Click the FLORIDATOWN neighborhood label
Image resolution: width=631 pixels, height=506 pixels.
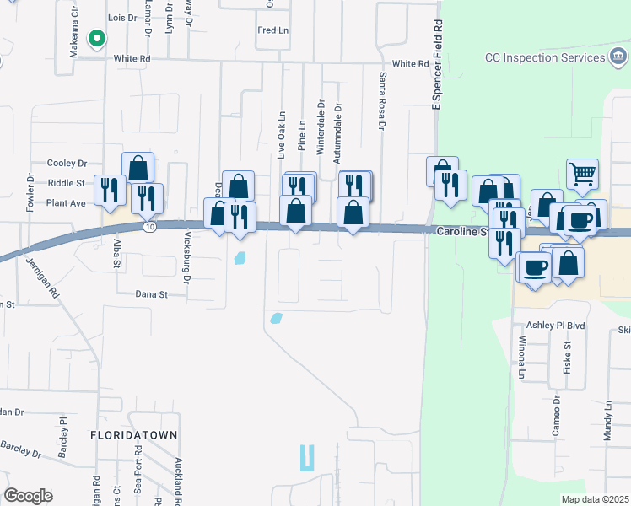(x=134, y=435)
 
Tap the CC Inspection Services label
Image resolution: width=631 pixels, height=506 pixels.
(x=545, y=58)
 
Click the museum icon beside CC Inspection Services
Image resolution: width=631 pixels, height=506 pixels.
(x=618, y=57)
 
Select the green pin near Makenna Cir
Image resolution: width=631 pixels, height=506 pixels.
(x=97, y=38)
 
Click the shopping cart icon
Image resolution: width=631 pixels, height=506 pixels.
(x=582, y=174)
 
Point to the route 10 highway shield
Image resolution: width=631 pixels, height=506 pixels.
(x=149, y=227)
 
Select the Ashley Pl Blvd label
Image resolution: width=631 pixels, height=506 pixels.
(x=555, y=326)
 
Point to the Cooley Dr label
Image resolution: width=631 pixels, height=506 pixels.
(x=67, y=163)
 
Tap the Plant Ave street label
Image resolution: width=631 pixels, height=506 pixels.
(x=66, y=203)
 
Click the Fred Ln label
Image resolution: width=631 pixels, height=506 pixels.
(x=272, y=30)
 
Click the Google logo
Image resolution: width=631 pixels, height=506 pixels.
(x=28, y=496)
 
